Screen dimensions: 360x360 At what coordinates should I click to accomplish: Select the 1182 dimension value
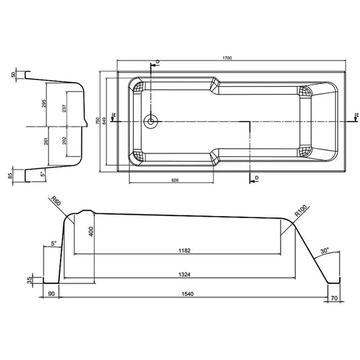pos(176,250)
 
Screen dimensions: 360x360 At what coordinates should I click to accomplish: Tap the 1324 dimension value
pos(176,275)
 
